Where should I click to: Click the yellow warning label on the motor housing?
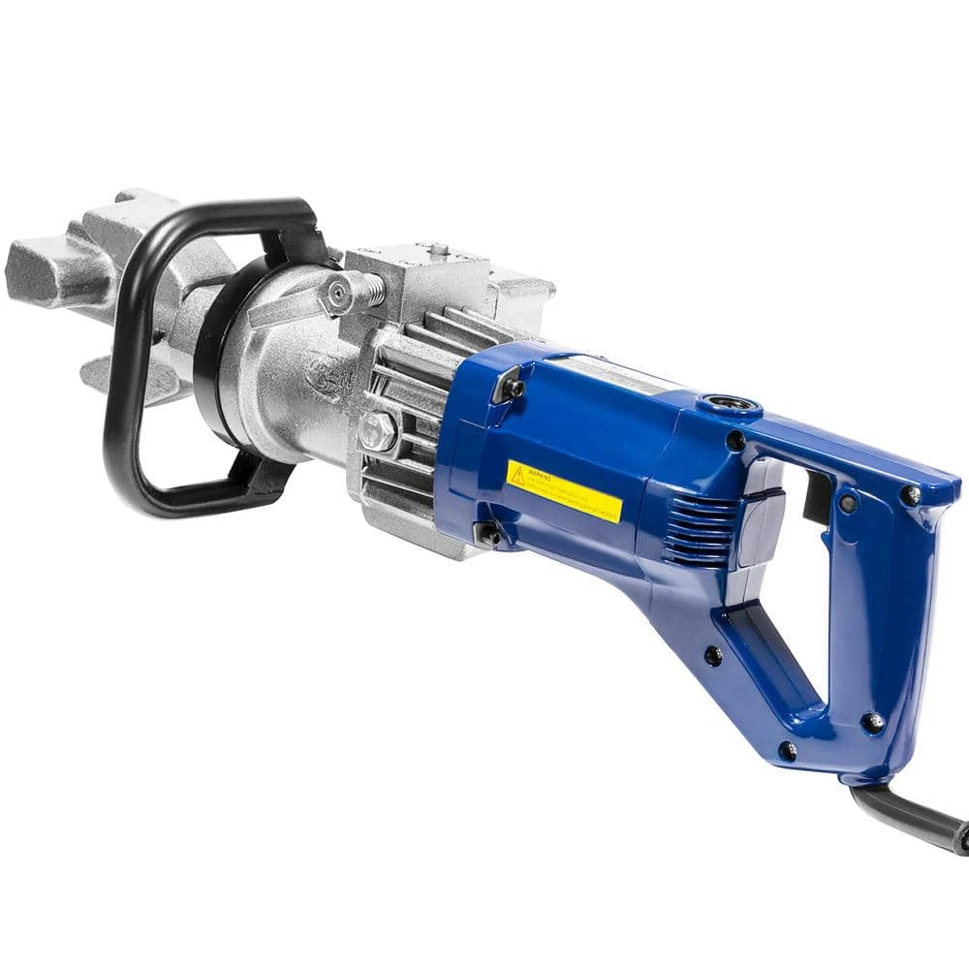coord(563,490)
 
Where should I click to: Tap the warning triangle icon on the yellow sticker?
coord(517,475)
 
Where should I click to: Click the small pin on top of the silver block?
coord(438,249)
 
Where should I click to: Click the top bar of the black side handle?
coord(233,211)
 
